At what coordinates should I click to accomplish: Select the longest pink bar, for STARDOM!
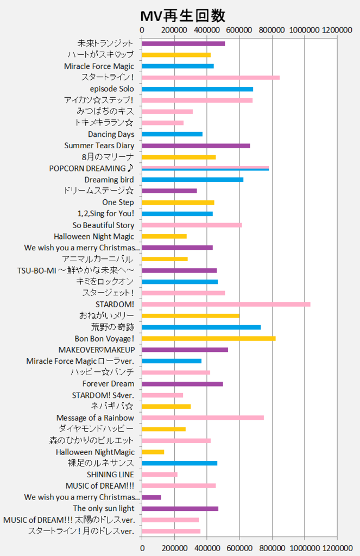click(x=226, y=304)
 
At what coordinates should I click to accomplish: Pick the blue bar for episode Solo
click(x=197, y=89)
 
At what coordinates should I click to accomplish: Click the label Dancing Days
click(x=111, y=134)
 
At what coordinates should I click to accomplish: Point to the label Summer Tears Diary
click(x=99, y=146)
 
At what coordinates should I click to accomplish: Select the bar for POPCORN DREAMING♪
click(x=205, y=168)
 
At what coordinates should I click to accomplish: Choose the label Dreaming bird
click(x=109, y=180)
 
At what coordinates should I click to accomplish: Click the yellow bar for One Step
click(x=178, y=203)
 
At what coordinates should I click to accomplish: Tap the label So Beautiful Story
click(x=103, y=225)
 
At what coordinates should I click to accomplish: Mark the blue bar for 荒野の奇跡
click(x=201, y=327)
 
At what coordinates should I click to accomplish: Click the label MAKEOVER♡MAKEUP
click(x=96, y=350)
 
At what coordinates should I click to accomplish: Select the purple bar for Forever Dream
click(x=182, y=384)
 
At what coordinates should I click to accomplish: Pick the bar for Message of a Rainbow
click(x=203, y=418)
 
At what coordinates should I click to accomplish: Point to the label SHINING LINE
click(x=110, y=475)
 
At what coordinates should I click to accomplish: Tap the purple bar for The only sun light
click(x=180, y=509)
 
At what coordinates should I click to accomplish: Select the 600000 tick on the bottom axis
click(x=239, y=546)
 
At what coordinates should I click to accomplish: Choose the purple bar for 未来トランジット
click(x=183, y=43)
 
